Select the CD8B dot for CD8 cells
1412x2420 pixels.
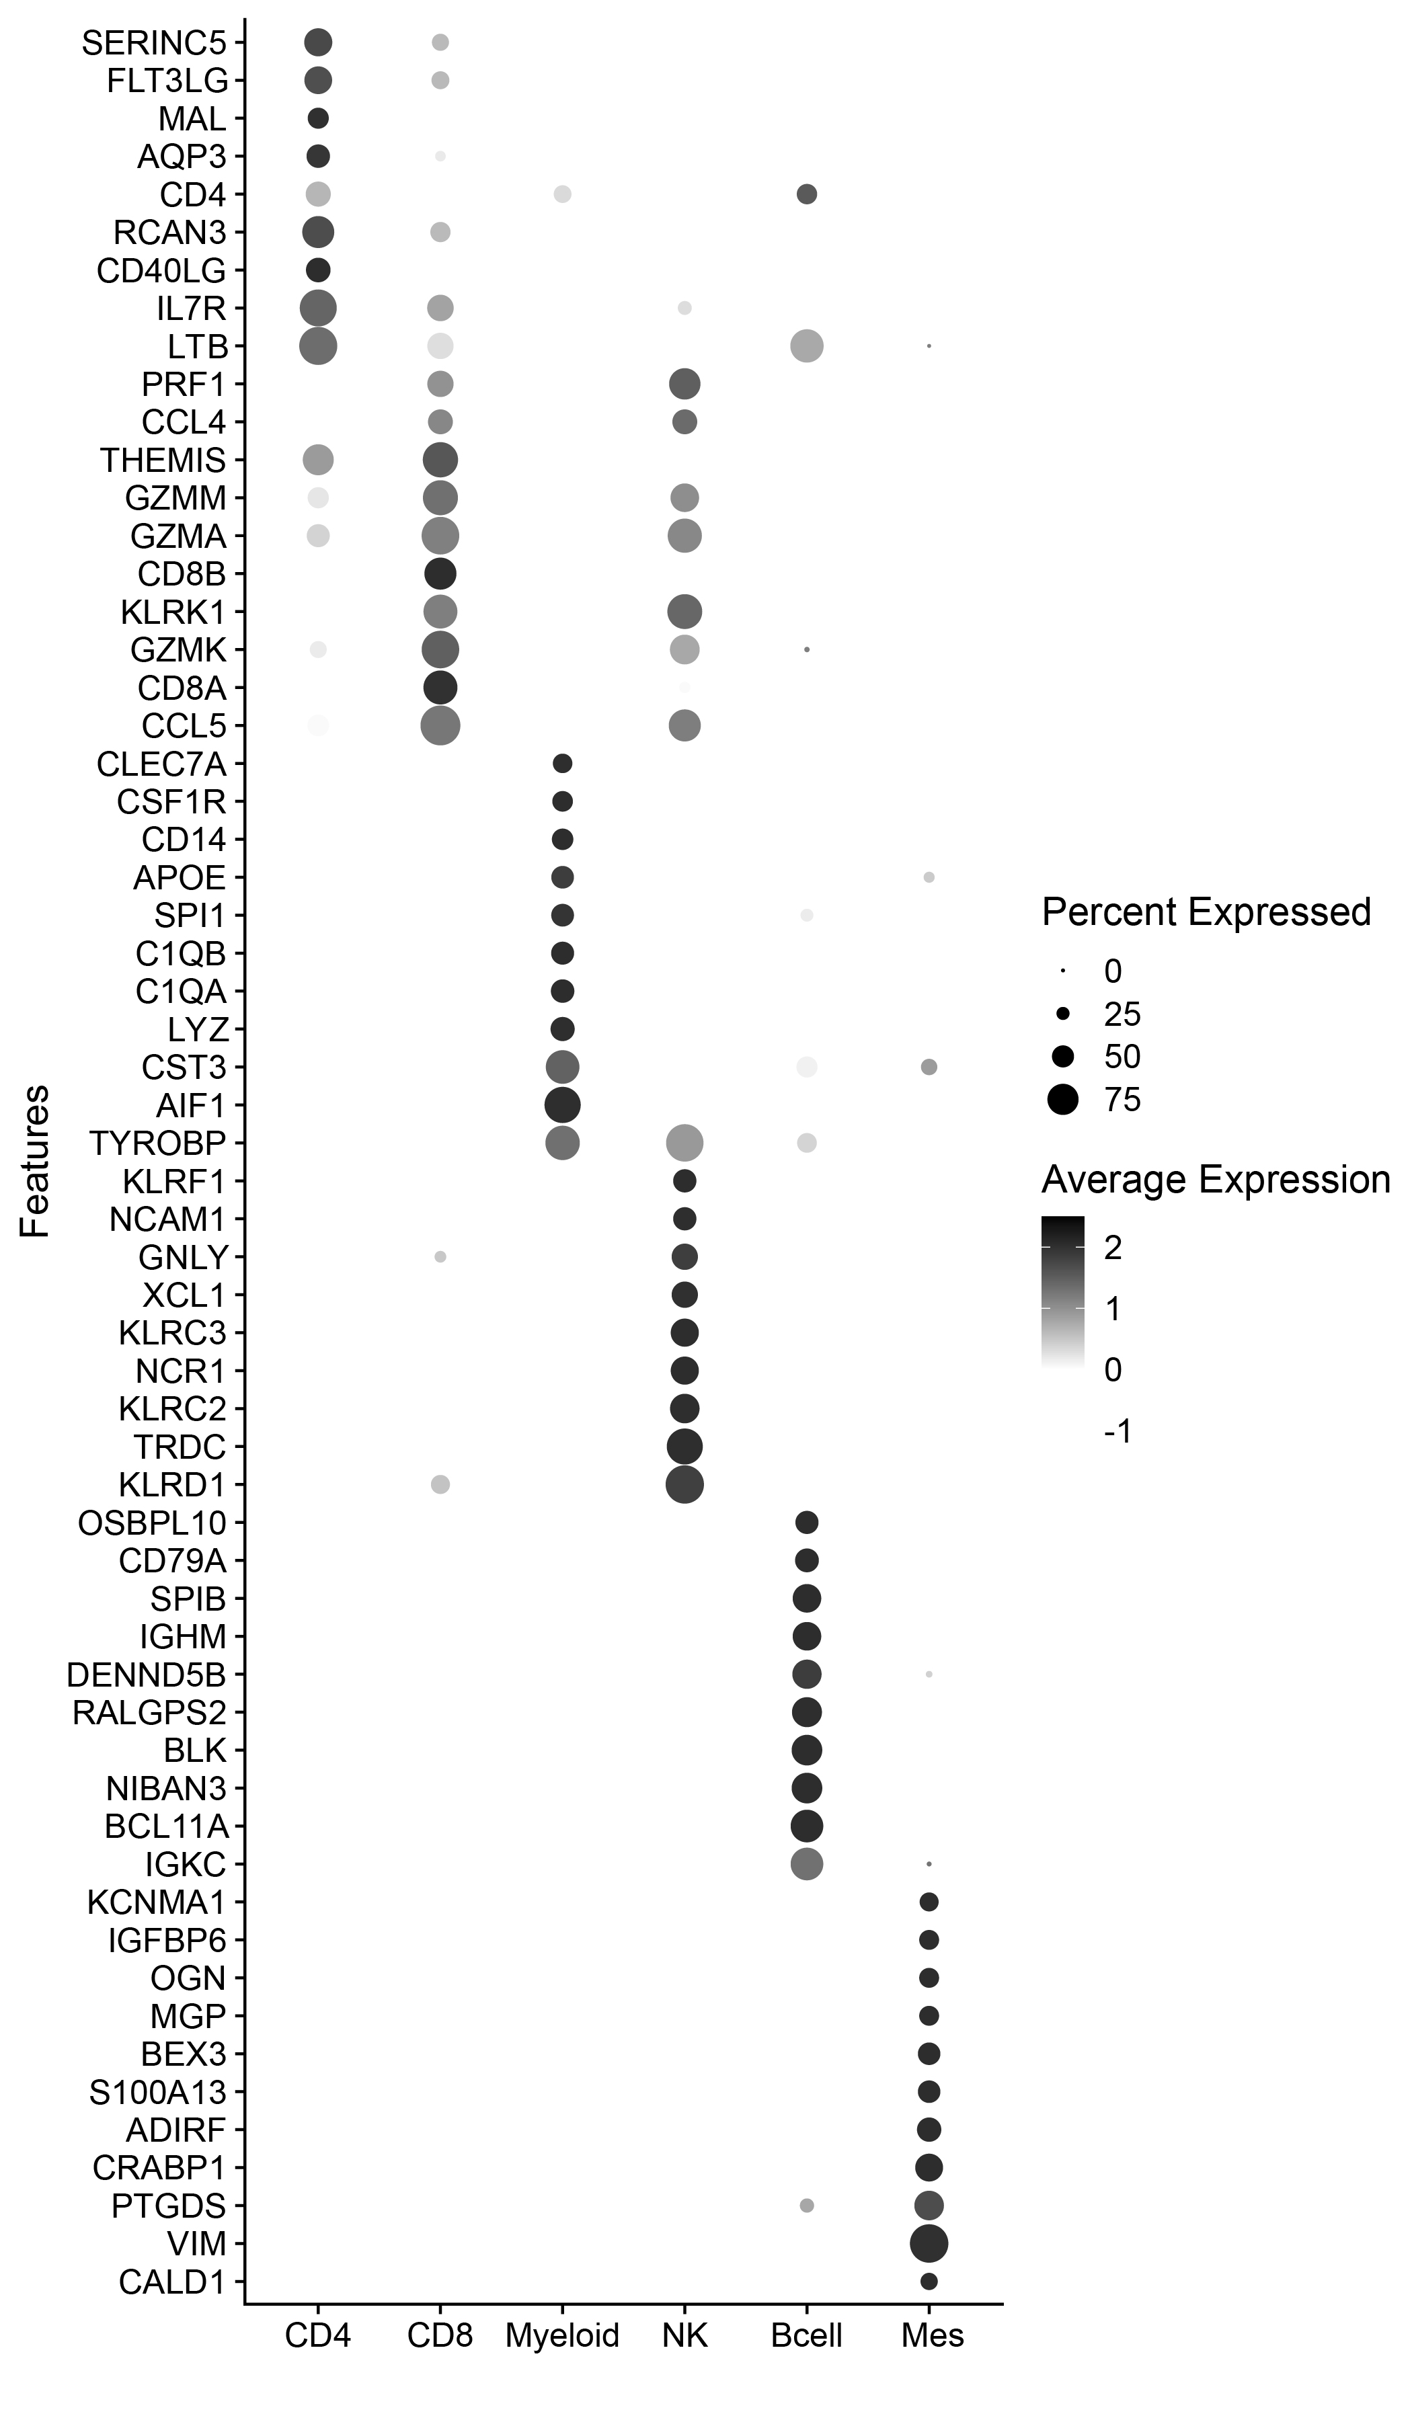click(x=440, y=573)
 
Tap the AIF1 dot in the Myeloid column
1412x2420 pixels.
click(x=562, y=1105)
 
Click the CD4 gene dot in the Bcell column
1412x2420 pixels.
click(x=807, y=195)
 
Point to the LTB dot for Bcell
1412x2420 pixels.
click(x=807, y=346)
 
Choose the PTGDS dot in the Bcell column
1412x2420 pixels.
click(x=807, y=2206)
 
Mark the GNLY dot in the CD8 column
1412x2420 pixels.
click(x=440, y=1256)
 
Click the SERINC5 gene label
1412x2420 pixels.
click(x=154, y=43)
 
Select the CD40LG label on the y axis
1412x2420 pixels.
click(x=161, y=271)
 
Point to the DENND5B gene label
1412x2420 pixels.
click(x=146, y=1675)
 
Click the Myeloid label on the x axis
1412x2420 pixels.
click(x=562, y=2335)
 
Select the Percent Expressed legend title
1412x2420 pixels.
click(x=1206, y=912)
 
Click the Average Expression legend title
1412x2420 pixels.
click(x=1216, y=1179)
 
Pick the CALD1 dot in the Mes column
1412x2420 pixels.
click(x=929, y=2281)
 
